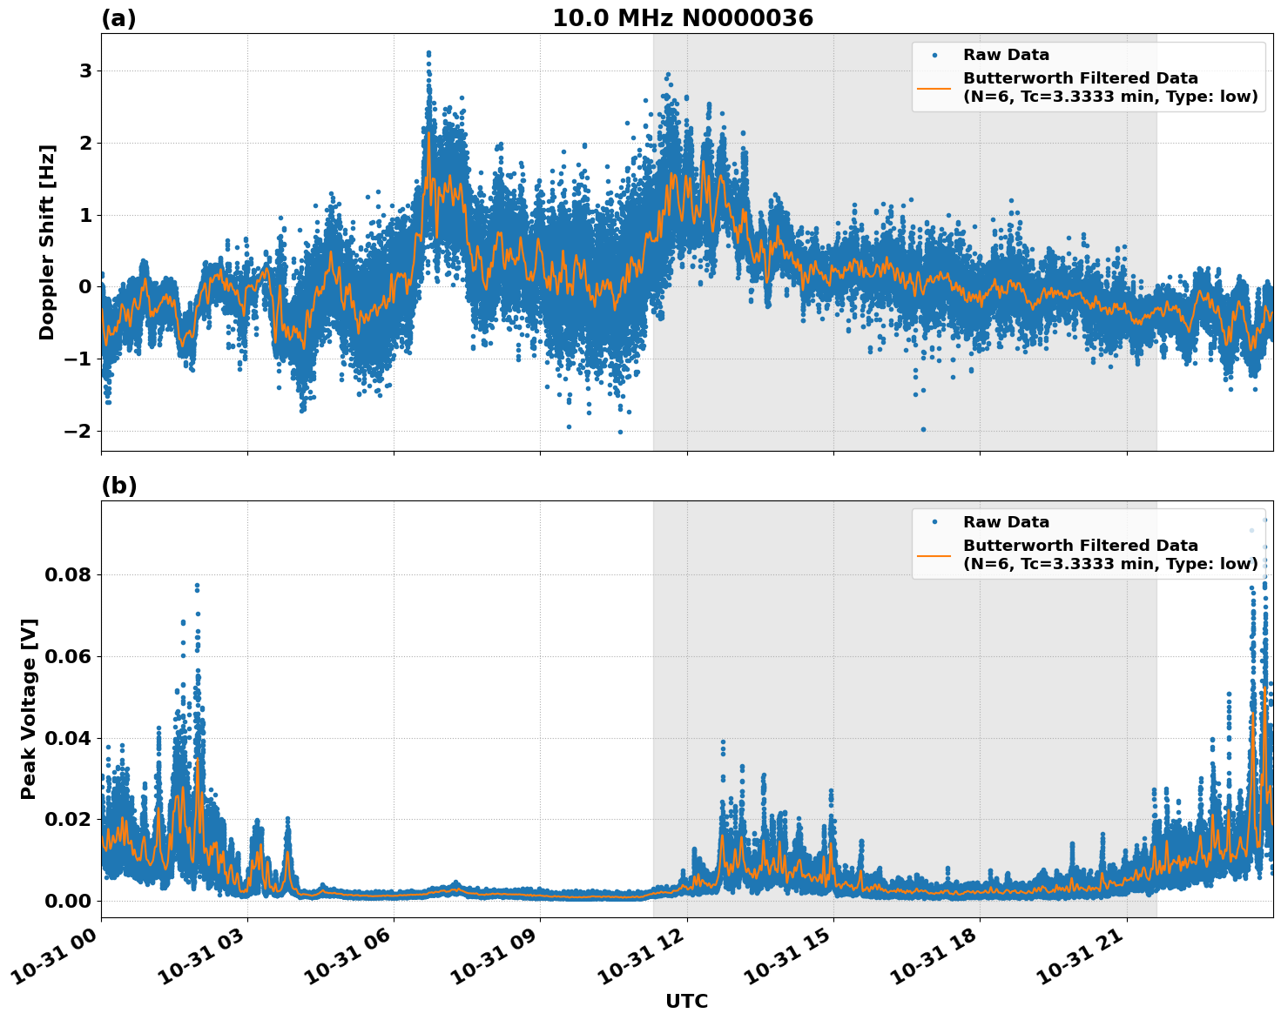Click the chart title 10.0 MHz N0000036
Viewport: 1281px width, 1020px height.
[x=682, y=18]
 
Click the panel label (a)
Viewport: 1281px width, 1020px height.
[x=118, y=18]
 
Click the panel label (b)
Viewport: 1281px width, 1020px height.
[x=118, y=486]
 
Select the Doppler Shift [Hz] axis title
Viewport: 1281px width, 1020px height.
[x=47, y=242]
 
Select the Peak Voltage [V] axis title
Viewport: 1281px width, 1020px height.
[x=29, y=708]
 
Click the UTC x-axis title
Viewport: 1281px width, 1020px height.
[x=686, y=1001]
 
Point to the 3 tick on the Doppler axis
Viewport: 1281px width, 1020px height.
[x=85, y=70]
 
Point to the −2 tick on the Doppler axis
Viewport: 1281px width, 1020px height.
[x=79, y=431]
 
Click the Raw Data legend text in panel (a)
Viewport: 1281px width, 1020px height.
[x=1006, y=55]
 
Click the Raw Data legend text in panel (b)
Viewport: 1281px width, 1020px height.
[x=1006, y=522]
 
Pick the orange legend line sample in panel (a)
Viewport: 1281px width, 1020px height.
[x=934, y=87]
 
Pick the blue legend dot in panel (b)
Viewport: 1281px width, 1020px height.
[x=934, y=522]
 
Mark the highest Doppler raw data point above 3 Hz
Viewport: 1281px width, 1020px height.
[x=428, y=53]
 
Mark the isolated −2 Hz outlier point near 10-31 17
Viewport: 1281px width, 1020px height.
[x=923, y=429]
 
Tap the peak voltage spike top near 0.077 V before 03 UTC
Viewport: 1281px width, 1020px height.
[x=198, y=586]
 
